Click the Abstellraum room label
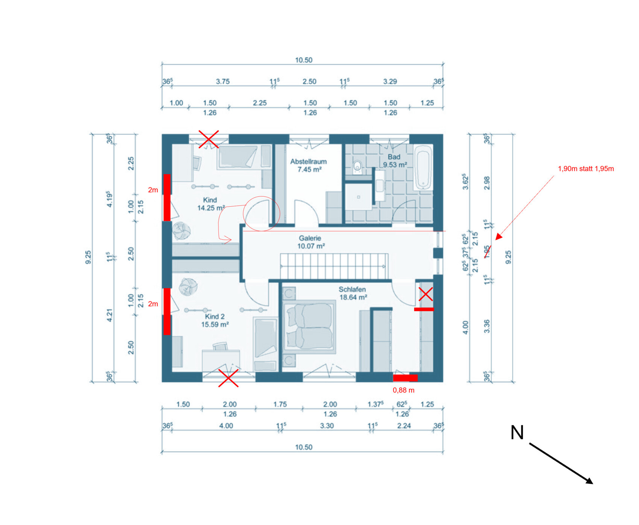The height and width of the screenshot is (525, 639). point(308,165)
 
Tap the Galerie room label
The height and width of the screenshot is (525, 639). point(310,242)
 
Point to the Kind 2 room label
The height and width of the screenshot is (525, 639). point(215,320)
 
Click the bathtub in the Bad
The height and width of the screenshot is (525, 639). point(423,168)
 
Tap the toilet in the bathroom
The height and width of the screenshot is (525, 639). point(357,166)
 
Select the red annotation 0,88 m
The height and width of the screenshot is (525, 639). point(403,390)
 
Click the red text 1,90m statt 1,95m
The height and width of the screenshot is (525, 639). point(586,169)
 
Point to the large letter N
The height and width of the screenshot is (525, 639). point(517,432)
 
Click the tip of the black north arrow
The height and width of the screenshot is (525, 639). point(592,483)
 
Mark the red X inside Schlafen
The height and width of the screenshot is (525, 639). point(425,294)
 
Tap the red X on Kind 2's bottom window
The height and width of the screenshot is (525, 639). point(228,378)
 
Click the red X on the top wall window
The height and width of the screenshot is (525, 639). point(209,139)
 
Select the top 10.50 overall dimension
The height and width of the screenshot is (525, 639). point(304,60)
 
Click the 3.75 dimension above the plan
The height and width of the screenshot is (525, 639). point(223,81)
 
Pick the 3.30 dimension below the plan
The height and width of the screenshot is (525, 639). point(327,426)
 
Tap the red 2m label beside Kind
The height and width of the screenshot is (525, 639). point(153,190)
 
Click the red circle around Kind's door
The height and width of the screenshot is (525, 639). point(262,213)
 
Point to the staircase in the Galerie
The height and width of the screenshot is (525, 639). point(334,266)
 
